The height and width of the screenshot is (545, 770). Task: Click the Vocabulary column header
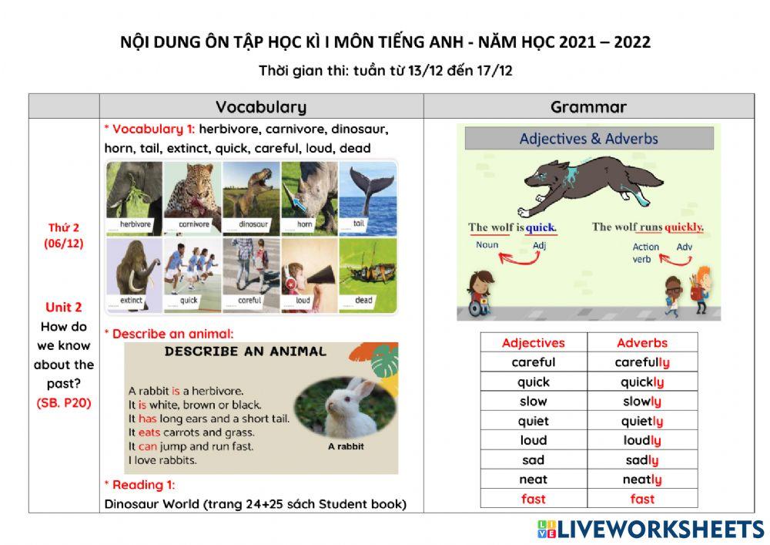coord(261,107)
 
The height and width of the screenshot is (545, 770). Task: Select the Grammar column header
coord(588,107)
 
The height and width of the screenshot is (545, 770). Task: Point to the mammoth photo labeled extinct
coord(134,274)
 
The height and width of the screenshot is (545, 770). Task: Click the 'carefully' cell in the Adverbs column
coord(642,362)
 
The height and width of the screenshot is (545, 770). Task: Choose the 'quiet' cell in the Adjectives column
coord(533,421)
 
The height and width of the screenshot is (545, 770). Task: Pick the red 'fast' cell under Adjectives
coord(533,499)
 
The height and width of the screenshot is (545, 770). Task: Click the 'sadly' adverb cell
coord(642,460)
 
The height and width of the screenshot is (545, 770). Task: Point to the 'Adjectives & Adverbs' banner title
coord(589,139)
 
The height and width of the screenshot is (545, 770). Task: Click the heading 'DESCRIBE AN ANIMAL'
coord(245,352)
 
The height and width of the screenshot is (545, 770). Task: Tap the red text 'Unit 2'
coord(64,307)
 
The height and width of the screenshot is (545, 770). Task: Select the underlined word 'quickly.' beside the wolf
coord(684,227)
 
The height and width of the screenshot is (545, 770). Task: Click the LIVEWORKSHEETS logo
coord(651,529)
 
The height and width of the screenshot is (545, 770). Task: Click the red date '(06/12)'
coord(64,244)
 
